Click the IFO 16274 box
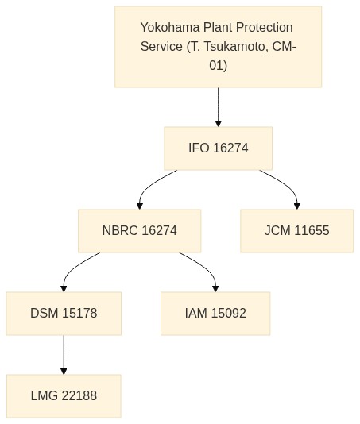point(219,148)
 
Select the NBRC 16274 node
point(140,231)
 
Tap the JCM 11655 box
point(297,231)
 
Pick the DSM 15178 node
point(64,314)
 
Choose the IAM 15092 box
point(215,314)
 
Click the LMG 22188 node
point(64,396)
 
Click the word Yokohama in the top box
point(171,27)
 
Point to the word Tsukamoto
point(234,47)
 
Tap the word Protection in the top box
point(264,27)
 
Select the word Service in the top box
point(161,47)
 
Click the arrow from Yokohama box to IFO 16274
point(219,107)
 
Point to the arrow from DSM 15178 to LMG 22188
point(64,355)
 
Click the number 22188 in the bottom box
point(79,396)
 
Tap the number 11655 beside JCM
point(312,230)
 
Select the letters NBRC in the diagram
point(120,230)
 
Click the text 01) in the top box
point(219,66)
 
